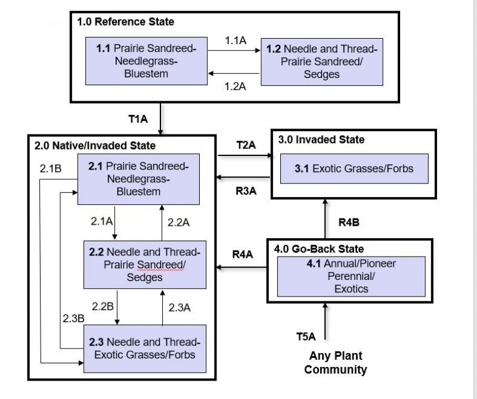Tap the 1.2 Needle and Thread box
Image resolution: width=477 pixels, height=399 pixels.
coord(320,60)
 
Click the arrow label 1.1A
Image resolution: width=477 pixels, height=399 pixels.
coord(236,41)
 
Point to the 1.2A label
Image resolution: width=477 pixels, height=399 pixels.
coord(236,86)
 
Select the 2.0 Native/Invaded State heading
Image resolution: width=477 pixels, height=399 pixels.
coord(95,145)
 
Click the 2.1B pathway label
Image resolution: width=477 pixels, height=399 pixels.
coord(51,169)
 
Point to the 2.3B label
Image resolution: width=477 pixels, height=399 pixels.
coord(73,318)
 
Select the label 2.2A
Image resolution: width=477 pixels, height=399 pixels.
coord(178,222)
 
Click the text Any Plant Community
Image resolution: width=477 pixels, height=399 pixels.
coord(335,363)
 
